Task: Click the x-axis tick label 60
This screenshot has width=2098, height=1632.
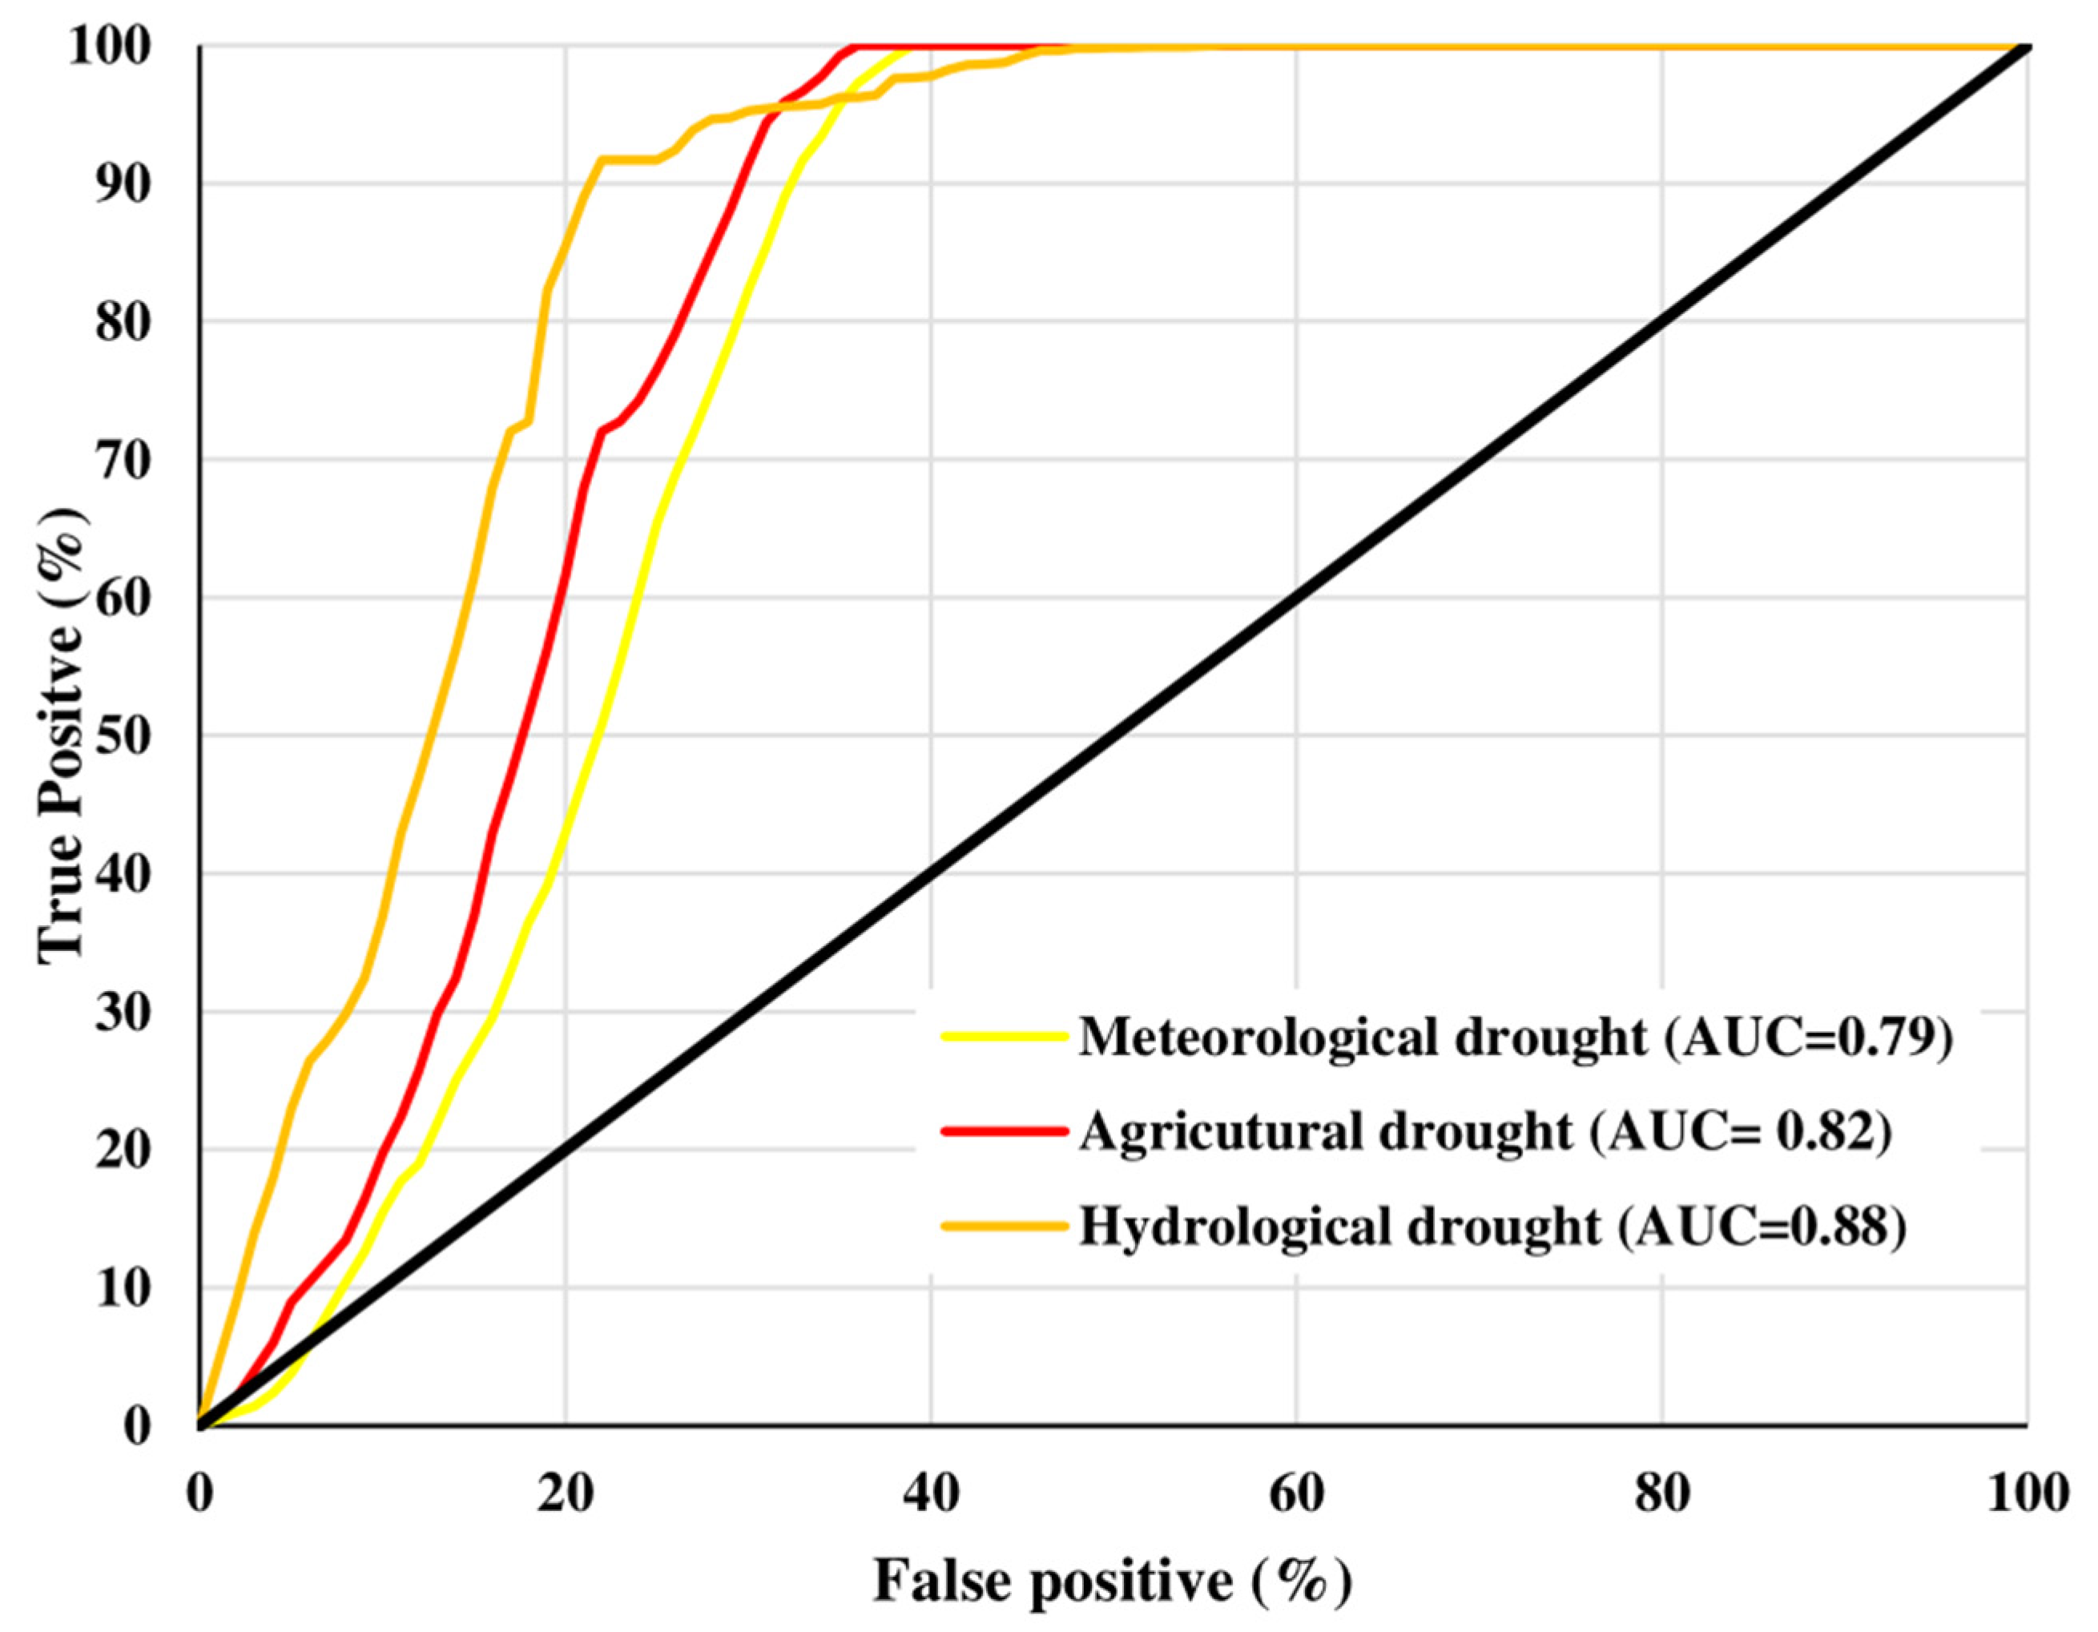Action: [x=1296, y=1496]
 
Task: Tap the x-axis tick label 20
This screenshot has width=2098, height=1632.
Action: [x=566, y=1496]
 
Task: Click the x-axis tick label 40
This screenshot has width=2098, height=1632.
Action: [x=931, y=1496]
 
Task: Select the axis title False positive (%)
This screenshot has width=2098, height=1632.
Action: [x=1113, y=1580]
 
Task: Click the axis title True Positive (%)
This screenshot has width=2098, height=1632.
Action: [x=62, y=735]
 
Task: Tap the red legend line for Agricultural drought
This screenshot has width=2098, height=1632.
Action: [x=1005, y=1130]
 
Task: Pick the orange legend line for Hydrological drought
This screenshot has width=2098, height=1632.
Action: [x=1005, y=1226]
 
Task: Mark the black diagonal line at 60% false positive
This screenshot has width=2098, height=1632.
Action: [x=1296, y=598]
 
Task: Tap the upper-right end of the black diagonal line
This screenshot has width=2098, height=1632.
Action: [x=2025, y=48]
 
